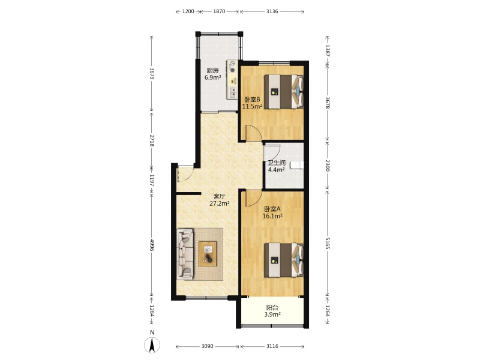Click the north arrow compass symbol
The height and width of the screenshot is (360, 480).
[152, 345]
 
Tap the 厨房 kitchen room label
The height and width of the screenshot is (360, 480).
[212, 70]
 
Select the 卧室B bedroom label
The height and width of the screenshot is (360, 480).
[252, 100]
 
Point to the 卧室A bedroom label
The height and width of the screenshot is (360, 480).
[272, 209]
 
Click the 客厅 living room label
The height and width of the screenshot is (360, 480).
[219, 197]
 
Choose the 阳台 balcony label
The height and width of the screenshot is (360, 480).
[272, 308]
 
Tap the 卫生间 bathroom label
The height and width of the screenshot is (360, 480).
[277, 163]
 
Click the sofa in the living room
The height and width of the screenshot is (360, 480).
[185, 254]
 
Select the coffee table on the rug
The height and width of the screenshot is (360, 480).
[208, 254]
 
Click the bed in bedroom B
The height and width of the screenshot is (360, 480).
[284, 91]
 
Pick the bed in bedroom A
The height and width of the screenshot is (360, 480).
[284, 260]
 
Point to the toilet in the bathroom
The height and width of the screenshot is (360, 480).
[296, 166]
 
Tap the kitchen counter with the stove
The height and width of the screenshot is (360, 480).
[232, 80]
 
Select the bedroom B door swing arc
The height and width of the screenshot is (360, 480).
[257, 130]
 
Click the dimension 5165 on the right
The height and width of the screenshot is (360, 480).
[327, 243]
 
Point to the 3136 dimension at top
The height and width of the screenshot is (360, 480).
[272, 11]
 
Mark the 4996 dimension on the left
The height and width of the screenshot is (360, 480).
[152, 245]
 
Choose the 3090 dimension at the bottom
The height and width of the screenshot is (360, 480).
[207, 346]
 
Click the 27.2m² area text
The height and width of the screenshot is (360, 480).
[220, 203]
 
